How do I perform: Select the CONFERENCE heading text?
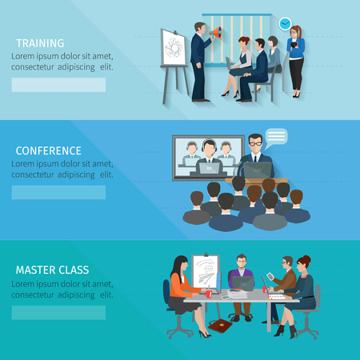click(48, 150)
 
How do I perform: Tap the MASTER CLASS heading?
click(52, 270)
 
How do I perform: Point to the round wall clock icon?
click(284, 25)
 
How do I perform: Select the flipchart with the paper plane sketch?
click(207, 276)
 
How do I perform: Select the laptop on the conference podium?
click(256, 170)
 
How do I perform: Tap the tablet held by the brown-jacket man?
click(269, 277)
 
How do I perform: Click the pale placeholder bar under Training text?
click(58, 85)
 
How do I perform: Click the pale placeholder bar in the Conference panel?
click(58, 192)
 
